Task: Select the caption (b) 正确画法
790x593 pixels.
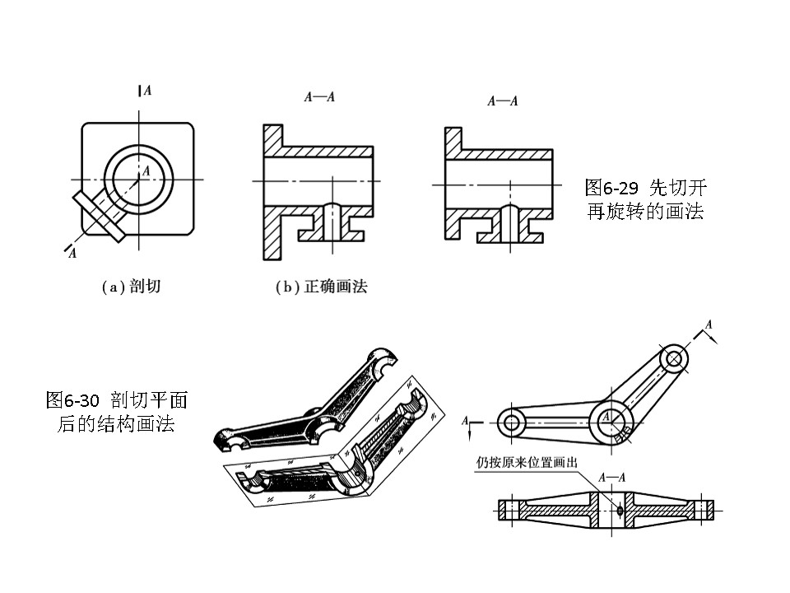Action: [320, 287]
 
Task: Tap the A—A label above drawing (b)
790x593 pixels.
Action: [319, 97]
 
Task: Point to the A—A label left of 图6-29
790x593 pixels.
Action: [502, 101]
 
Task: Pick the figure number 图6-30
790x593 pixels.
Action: [74, 401]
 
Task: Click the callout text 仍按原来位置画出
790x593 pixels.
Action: [527, 462]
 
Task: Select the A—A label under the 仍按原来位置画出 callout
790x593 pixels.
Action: [611, 476]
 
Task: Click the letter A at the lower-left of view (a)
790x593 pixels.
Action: [72, 253]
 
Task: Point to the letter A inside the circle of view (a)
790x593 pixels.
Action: [146, 170]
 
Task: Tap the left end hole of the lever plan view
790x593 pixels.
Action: [512, 423]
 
